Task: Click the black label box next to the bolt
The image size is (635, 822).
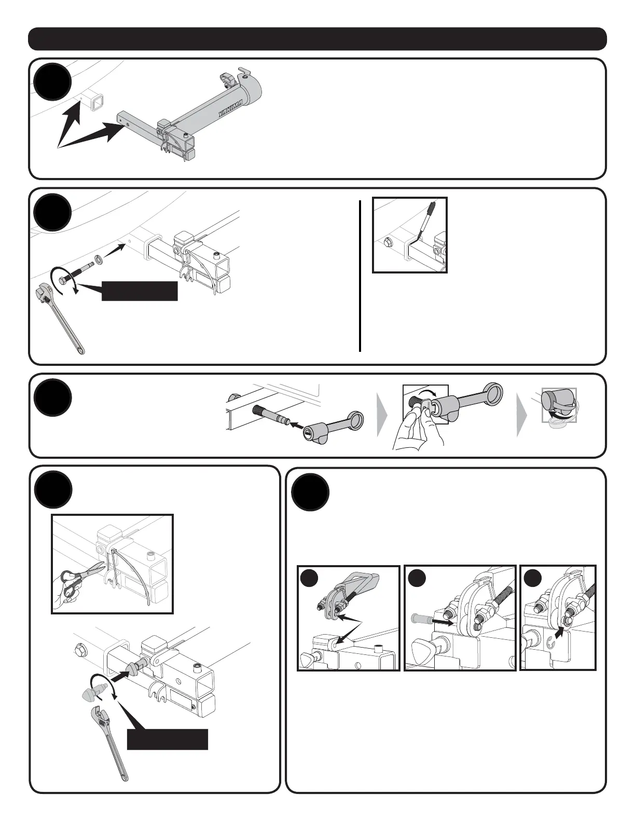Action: (x=140, y=291)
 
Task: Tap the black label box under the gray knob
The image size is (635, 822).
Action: (x=167, y=739)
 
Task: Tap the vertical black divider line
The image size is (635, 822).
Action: (x=360, y=276)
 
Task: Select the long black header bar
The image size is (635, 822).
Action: (x=317, y=38)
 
